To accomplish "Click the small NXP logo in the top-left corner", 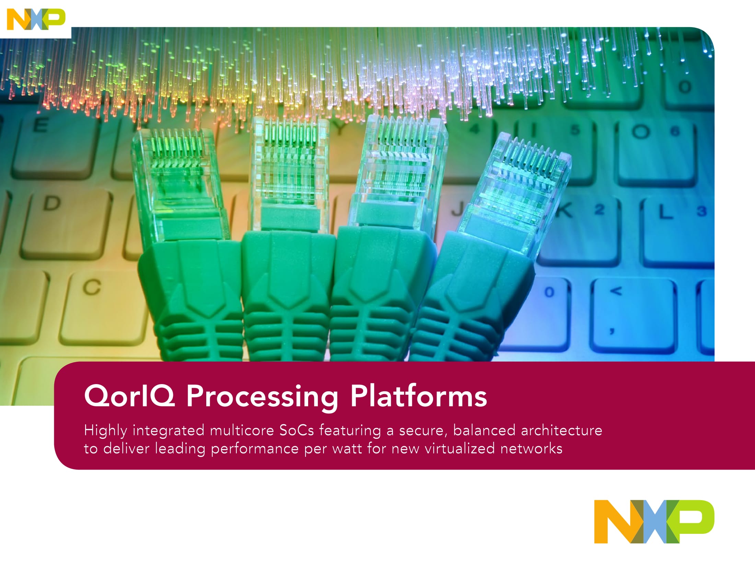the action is click(36, 19).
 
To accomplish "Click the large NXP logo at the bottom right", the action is click(654, 521).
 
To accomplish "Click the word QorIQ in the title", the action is click(130, 396).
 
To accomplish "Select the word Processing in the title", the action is click(262, 397).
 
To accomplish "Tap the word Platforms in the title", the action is click(419, 395).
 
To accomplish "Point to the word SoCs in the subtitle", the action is click(296, 430).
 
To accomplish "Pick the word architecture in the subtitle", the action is click(561, 430).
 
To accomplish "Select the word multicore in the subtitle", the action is click(242, 430).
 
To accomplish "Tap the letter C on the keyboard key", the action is click(92, 287).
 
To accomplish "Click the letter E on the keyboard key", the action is click(40, 125).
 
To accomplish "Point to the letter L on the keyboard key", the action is click(665, 211).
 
